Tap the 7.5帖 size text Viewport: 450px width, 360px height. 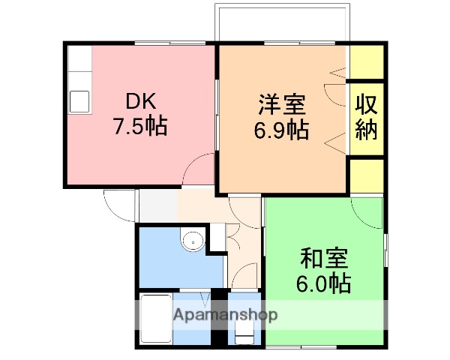click(139, 126)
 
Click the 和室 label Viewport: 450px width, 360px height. click(323, 259)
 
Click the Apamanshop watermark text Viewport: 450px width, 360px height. click(226, 314)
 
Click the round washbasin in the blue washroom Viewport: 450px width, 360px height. click(193, 241)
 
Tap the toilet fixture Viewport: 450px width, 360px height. click(244, 329)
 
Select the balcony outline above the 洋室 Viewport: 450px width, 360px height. click(283, 23)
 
